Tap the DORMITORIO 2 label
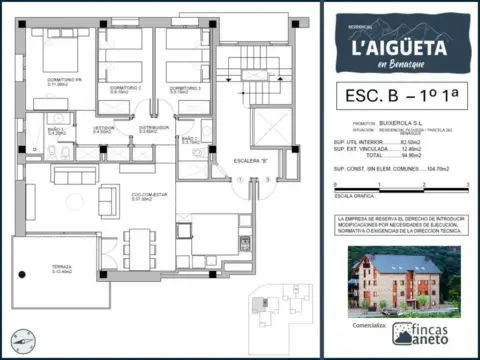point(125,90)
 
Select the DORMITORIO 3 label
point(185,90)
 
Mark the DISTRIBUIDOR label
point(153,129)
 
